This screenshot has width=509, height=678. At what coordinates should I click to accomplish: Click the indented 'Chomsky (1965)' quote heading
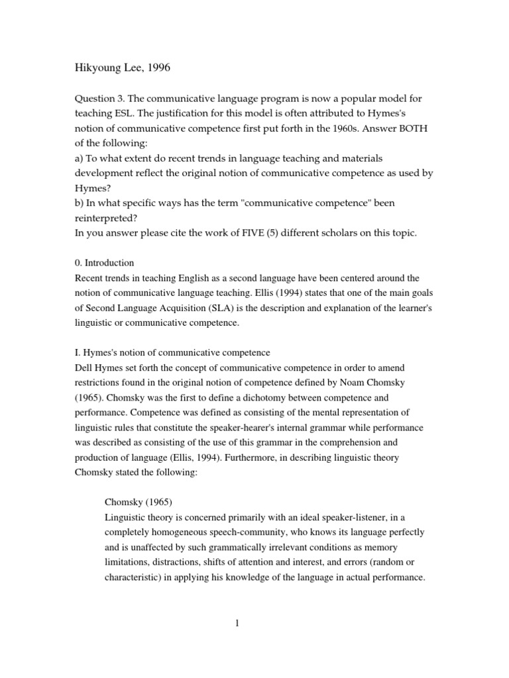[x=139, y=502]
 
